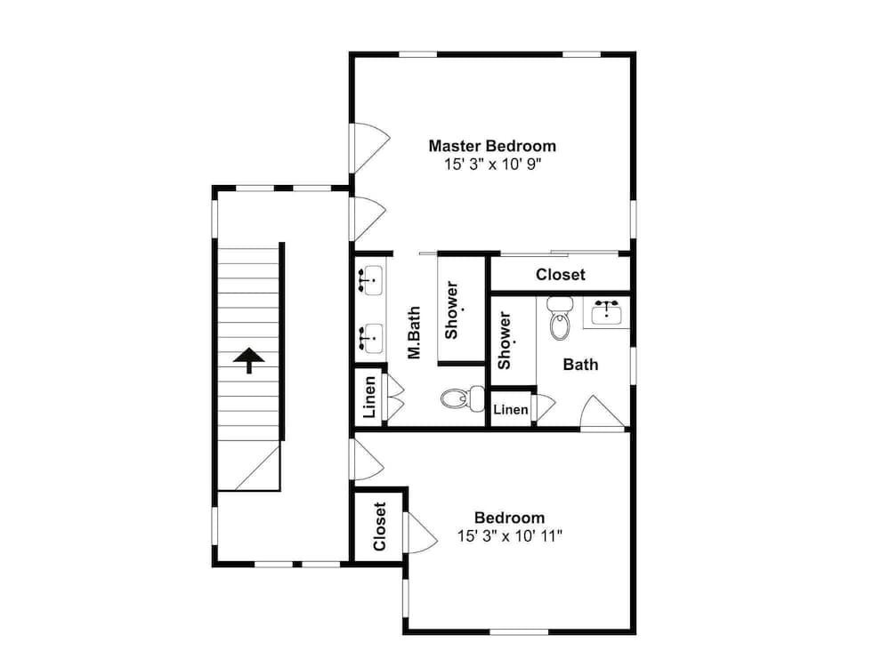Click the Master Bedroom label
click(x=492, y=147)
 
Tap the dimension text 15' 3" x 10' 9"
click(x=493, y=165)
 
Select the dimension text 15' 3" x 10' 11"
click(x=510, y=536)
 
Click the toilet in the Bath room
click(x=560, y=318)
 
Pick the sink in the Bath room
click(x=607, y=312)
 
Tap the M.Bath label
click(x=415, y=333)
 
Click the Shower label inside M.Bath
click(x=452, y=310)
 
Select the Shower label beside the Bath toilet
click(x=505, y=341)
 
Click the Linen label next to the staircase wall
click(x=369, y=397)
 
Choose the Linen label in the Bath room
click(x=511, y=409)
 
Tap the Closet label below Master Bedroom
click(x=560, y=275)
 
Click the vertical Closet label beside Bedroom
click(x=380, y=526)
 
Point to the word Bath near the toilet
click(x=580, y=364)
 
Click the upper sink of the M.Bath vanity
click(x=372, y=280)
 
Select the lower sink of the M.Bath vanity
click(x=372, y=339)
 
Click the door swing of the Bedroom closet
click(x=421, y=532)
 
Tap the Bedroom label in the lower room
click(x=510, y=518)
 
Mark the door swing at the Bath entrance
click(x=603, y=413)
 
